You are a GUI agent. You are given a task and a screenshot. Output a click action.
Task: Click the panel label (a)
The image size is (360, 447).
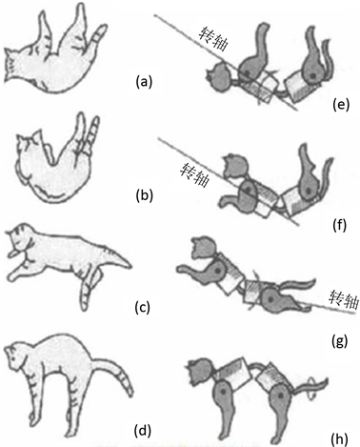pyautogui.click(x=144, y=82)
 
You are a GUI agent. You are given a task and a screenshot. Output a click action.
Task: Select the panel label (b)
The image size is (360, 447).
pyautogui.click(x=145, y=195)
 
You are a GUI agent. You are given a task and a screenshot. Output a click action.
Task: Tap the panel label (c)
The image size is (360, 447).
pyautogui.click(x=142, y=307)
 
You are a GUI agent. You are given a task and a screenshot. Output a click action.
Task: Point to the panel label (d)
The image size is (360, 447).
pyautogui.click(x=142, y=430)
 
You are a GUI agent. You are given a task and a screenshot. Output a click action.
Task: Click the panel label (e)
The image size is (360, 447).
pyautogui.click(x=341, y=104)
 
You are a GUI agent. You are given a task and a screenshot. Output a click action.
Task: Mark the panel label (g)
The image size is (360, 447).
pyautogui.click(x=339, y=341)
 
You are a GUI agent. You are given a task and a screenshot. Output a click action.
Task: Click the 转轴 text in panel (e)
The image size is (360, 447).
pyautogui.click(x=213, y=38)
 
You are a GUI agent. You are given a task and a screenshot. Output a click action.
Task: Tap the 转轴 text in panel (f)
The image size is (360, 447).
pyautogui.click(x=194, y=174)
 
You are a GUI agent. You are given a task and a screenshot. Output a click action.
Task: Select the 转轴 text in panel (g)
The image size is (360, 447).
pyautogui.click(x=344, y=299)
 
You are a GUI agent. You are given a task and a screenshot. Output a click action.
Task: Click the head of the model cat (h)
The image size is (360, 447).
pyautogui.click(x=200, y=372)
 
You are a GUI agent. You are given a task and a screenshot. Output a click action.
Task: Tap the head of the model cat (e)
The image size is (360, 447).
pyautogui.click(x=219, y=77)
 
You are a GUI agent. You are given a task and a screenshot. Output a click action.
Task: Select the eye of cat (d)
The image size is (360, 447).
pyautogui.click(x=13, y=358)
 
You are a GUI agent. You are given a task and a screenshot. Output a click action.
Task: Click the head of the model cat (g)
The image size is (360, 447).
pyautogui.click(x=204, y=248)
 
